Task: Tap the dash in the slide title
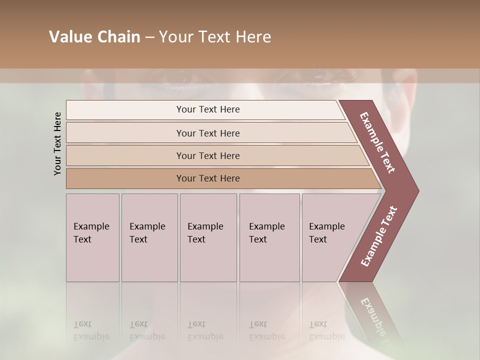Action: [x=149, y=37]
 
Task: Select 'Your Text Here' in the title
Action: [x=215, y=37]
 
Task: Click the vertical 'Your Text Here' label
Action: [x=57, y=143]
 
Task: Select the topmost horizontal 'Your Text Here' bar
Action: [x=207, y=109]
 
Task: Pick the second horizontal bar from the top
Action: [x=207, y=133]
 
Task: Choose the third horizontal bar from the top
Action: [x=207, y=155]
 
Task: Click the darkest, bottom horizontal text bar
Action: [x=207, y=178]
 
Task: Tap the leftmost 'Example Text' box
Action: [x=92, y=237]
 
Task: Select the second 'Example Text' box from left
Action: [x=149, y=237]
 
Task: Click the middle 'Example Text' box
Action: [x=208, y=237]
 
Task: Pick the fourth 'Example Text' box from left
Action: [x=269, y=237]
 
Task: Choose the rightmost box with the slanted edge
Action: [x=330, y=237]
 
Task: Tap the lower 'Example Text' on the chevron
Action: [x=379, y=236]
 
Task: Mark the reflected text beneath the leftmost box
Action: [x=91, y=330]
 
